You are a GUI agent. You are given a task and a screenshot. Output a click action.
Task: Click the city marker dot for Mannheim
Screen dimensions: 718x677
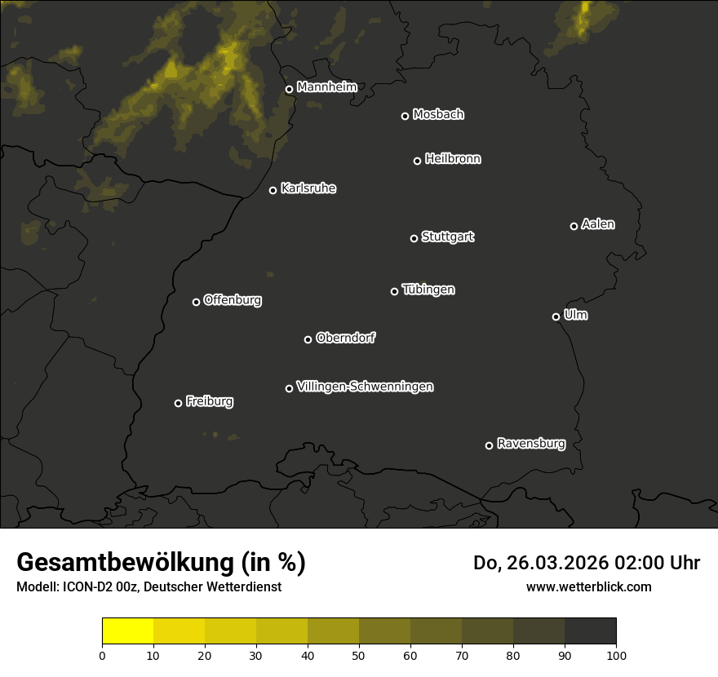(289, 90)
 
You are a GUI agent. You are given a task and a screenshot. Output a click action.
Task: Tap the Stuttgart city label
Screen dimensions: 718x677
(447, 237)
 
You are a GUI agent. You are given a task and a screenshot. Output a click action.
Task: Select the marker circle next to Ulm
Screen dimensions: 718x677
(556, 316)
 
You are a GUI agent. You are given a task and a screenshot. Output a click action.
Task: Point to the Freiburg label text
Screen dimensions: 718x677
(209, 401)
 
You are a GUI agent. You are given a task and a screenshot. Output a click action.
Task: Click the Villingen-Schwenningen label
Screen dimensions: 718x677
(365, 387)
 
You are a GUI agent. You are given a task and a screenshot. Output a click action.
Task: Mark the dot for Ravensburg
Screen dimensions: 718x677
(489, 445)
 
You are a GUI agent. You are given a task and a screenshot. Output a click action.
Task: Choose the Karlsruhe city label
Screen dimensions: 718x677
(308, 188)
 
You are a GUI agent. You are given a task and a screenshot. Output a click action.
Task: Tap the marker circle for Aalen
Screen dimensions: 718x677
(574, 226)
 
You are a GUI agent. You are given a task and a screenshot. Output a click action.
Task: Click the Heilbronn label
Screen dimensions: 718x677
(453, 159)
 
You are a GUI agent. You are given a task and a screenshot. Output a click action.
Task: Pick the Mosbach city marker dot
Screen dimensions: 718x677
(405, 116)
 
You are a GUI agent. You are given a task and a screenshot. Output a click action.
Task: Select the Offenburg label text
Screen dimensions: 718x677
(233, 300)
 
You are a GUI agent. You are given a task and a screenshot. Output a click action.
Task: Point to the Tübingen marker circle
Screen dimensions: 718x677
(394, 291)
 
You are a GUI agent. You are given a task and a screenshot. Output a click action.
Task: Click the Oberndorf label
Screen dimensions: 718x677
(345, 338)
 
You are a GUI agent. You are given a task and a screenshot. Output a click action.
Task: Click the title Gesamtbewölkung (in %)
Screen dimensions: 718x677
(161, 562)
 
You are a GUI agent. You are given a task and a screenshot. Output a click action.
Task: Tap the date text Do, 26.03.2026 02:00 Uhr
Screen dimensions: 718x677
(586, 563)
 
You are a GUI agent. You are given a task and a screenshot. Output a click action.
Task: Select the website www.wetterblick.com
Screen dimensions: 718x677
(588, 586)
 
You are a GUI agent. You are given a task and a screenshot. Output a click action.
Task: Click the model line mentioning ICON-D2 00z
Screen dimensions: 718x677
(148, 586)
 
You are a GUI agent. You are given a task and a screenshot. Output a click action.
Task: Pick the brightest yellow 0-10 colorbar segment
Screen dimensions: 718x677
(128, 631)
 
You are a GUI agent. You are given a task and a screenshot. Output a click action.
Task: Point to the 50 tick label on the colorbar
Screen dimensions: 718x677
(359, 655)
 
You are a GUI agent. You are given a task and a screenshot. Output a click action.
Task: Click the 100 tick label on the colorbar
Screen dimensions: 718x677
(616, 655)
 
